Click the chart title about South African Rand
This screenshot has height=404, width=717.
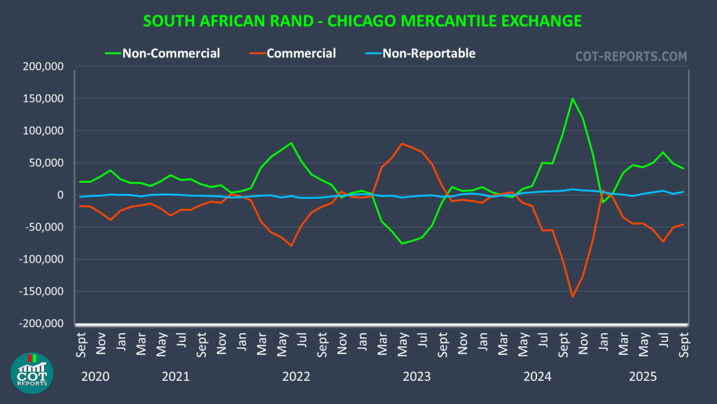tap(362, 21)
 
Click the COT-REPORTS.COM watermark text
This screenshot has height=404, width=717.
tap(631, 56)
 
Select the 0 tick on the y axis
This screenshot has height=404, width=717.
tap(60, 195)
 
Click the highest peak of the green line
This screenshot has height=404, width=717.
tap(573, 98)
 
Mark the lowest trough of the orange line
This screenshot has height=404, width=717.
tap(573, 297)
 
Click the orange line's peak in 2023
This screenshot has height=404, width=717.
tap(402, 144)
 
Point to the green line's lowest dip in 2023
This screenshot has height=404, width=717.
tap(402, 243)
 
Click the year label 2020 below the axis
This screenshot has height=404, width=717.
tap(95, 377)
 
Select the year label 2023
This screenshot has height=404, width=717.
tap(417, 377)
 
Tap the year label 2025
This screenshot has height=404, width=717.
tap(642, 377)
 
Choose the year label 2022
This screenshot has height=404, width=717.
tap(296, 377)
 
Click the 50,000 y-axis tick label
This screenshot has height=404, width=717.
tap(44, 163)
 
